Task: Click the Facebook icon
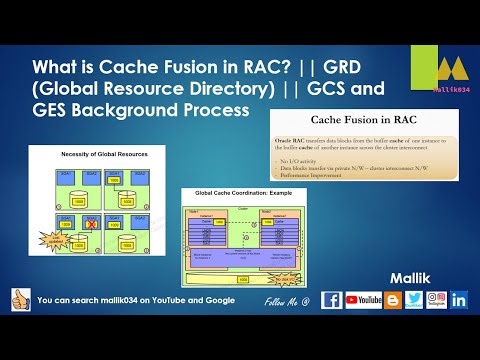[x=332, y=299]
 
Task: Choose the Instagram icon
[x=435, y=299]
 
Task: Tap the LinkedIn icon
[x=459, y=299]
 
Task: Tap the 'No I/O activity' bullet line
[x=305, y=158]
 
